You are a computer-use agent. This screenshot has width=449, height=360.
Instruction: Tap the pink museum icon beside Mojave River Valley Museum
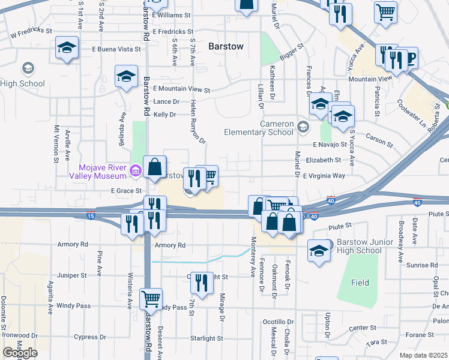click(x=135, y=172)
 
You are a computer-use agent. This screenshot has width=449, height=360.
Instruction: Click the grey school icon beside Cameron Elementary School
click(x=303, y=126)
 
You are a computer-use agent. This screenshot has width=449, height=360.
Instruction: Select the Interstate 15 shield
click(x=91, y=215)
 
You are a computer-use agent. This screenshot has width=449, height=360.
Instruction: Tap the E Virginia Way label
click(x=324, y=176)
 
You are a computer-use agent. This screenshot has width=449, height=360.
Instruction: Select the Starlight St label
click(x=206, y=338)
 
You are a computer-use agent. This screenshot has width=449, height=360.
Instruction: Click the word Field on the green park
click(x=360, y=282)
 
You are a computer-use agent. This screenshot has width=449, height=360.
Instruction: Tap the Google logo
click(x=20, y=353)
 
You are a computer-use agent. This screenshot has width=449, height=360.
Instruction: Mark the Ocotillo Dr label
click(x=279, y=322)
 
